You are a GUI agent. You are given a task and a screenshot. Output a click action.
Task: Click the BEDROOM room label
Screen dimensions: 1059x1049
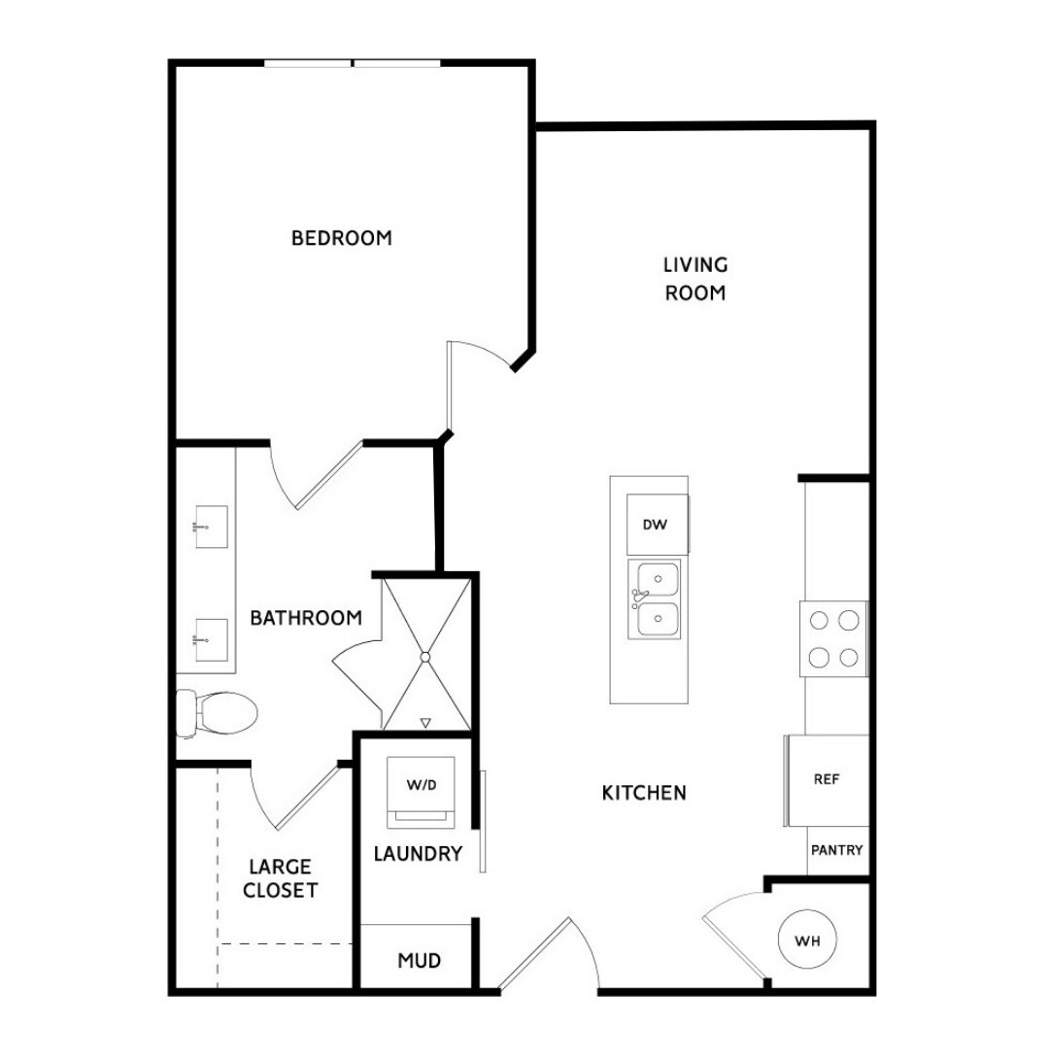[342, 238]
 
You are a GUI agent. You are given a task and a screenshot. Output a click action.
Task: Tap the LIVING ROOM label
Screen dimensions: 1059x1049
[695, 278]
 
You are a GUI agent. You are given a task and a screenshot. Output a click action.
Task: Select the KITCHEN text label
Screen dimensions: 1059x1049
[644, 793]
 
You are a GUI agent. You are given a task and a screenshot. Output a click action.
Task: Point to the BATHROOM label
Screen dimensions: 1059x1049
[306, 618]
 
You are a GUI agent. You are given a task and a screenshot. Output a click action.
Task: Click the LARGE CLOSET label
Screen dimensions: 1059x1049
[282, 877]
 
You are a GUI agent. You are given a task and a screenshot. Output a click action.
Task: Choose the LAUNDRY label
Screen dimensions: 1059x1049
[418, 854]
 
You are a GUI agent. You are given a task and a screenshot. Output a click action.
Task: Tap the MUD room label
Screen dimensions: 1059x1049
[420, 961]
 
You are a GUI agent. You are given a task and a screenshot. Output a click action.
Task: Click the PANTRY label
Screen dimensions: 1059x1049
[836, 850]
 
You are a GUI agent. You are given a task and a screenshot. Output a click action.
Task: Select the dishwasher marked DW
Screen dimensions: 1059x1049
[656, 525]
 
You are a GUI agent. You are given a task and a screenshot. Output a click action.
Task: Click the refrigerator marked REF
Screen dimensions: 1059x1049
[827, 779]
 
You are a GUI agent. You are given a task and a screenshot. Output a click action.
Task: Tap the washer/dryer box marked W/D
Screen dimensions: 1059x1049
[421, 784]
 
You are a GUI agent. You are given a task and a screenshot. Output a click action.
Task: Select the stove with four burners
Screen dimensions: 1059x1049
[833, 638]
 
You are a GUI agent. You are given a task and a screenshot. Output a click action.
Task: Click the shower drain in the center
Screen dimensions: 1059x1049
[424, 658]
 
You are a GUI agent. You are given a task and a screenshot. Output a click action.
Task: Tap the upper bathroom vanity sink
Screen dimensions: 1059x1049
[211, 527]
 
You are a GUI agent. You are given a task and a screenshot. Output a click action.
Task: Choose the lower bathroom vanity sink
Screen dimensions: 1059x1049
[211, 639]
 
